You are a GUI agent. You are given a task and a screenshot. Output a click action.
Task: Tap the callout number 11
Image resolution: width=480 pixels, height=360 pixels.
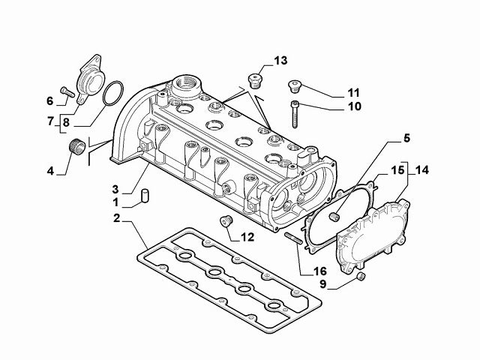click(x=332, y=92)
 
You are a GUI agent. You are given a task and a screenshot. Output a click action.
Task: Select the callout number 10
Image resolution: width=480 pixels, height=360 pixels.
click(x=332, y=106)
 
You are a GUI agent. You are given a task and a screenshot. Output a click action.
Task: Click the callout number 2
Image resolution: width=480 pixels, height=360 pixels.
click(x=117, y=218)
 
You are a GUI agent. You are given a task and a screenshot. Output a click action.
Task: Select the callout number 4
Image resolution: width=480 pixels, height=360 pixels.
click(x=50, y=171)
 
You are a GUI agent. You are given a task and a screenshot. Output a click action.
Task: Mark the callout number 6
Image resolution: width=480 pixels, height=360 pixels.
click(x=50, y=100)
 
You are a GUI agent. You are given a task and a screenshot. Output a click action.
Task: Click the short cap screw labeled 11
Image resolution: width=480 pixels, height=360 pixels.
click(x=295, y=85)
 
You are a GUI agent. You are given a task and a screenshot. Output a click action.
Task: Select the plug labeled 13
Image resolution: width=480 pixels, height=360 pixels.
click(x=256, y=80)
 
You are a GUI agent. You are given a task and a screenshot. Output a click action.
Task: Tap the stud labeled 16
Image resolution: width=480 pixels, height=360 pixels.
click(x=294, y=239)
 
